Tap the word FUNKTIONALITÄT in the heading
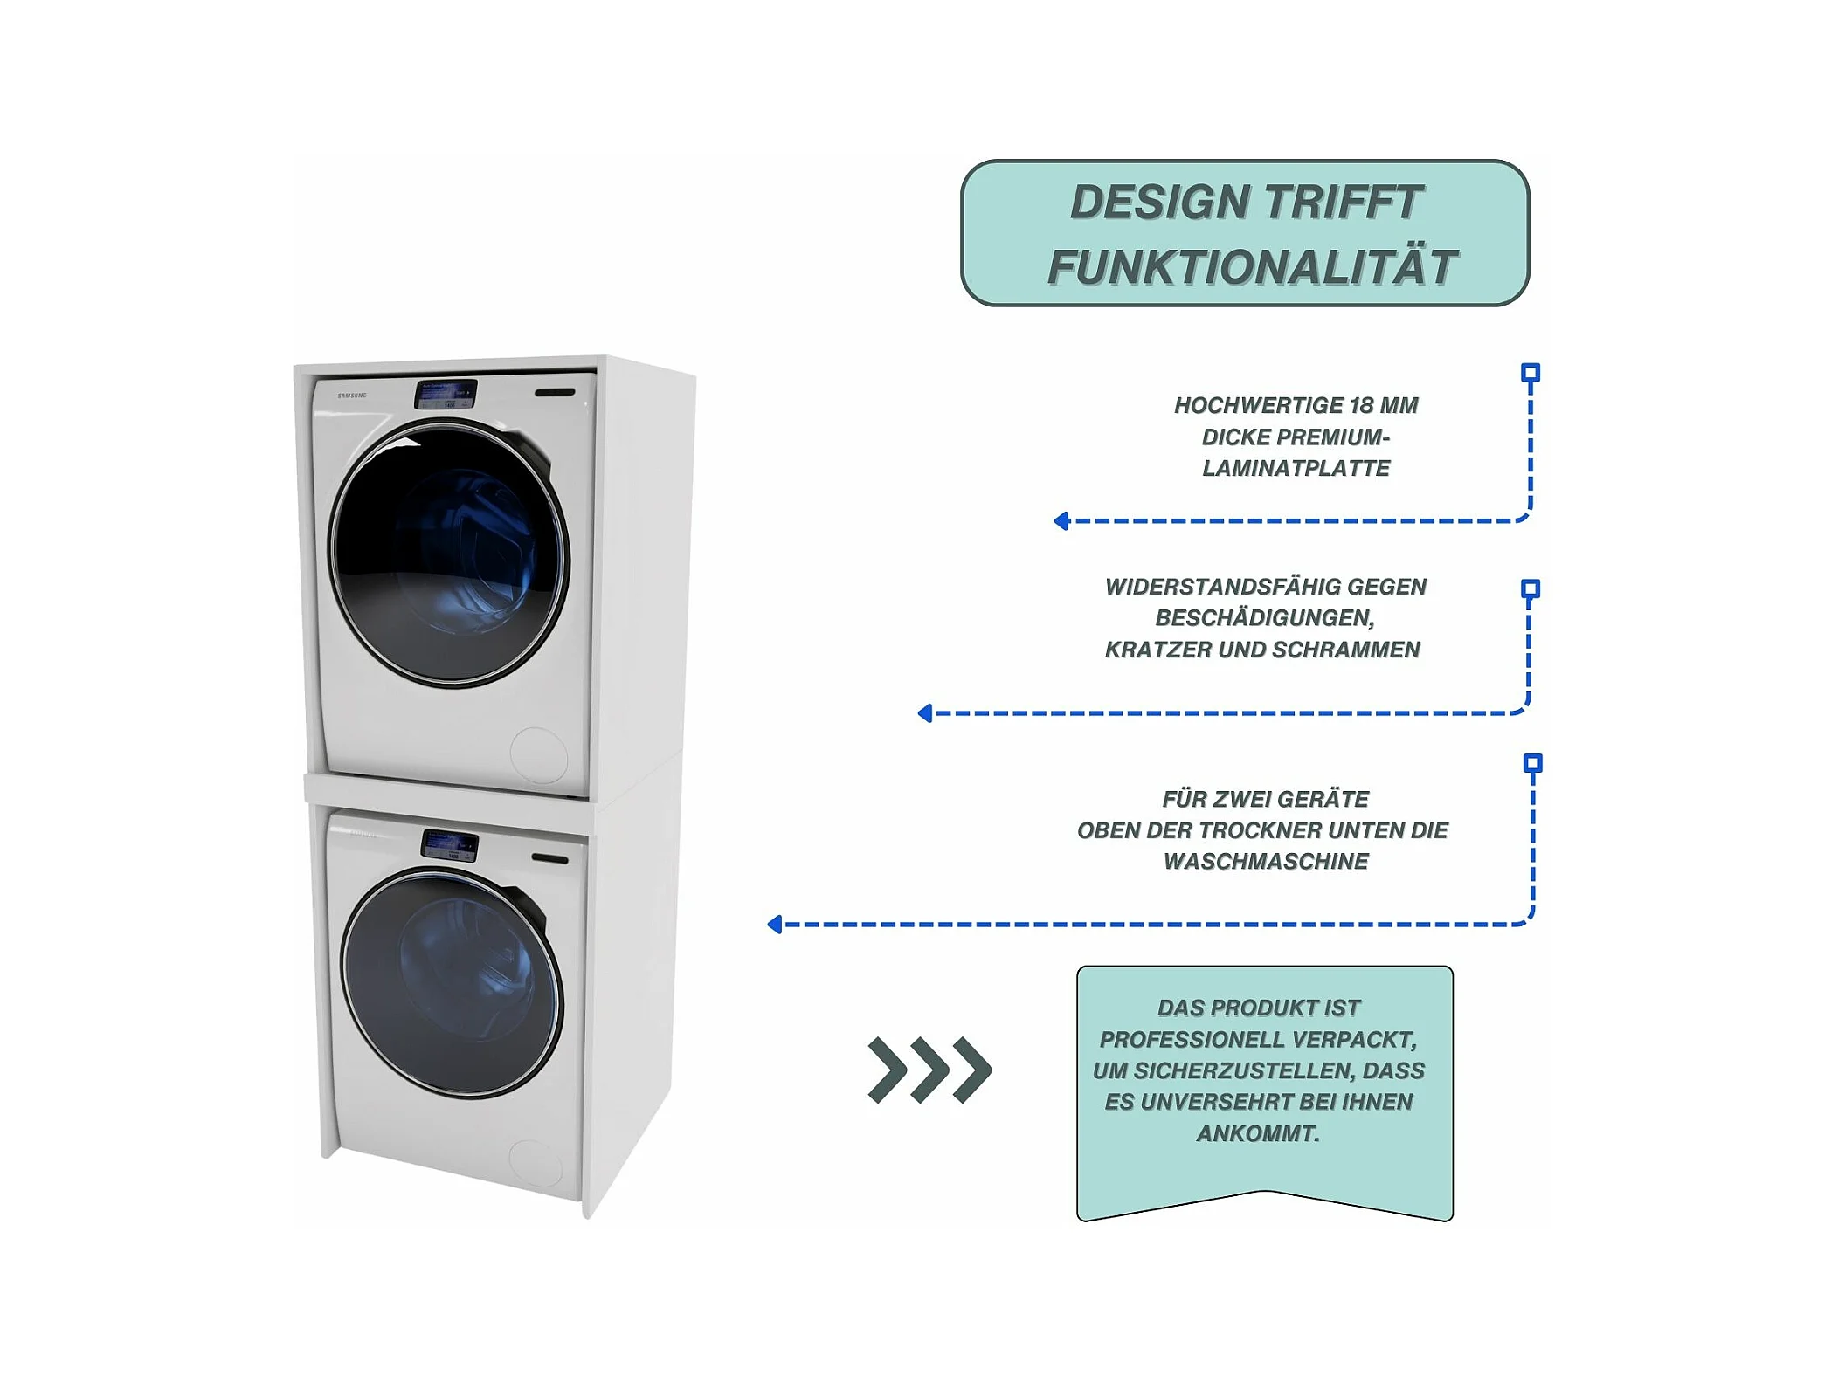coord(1252,267)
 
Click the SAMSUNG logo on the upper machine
coord(352,396)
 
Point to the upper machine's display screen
coord(446,395)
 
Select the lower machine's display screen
coord(450,845)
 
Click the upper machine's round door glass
coord(448,552)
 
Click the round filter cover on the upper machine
coord(538,754)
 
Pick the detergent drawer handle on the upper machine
coord(555,392)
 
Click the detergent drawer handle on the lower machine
coord(549,859)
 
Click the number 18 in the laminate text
coord(1361,406)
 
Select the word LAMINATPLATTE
coord(1296,469)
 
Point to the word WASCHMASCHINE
coord(1266,863)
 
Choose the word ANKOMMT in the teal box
coord(1257,1134)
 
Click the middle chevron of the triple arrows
coord(929,1070)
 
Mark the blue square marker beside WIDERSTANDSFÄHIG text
coord(1530,588)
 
